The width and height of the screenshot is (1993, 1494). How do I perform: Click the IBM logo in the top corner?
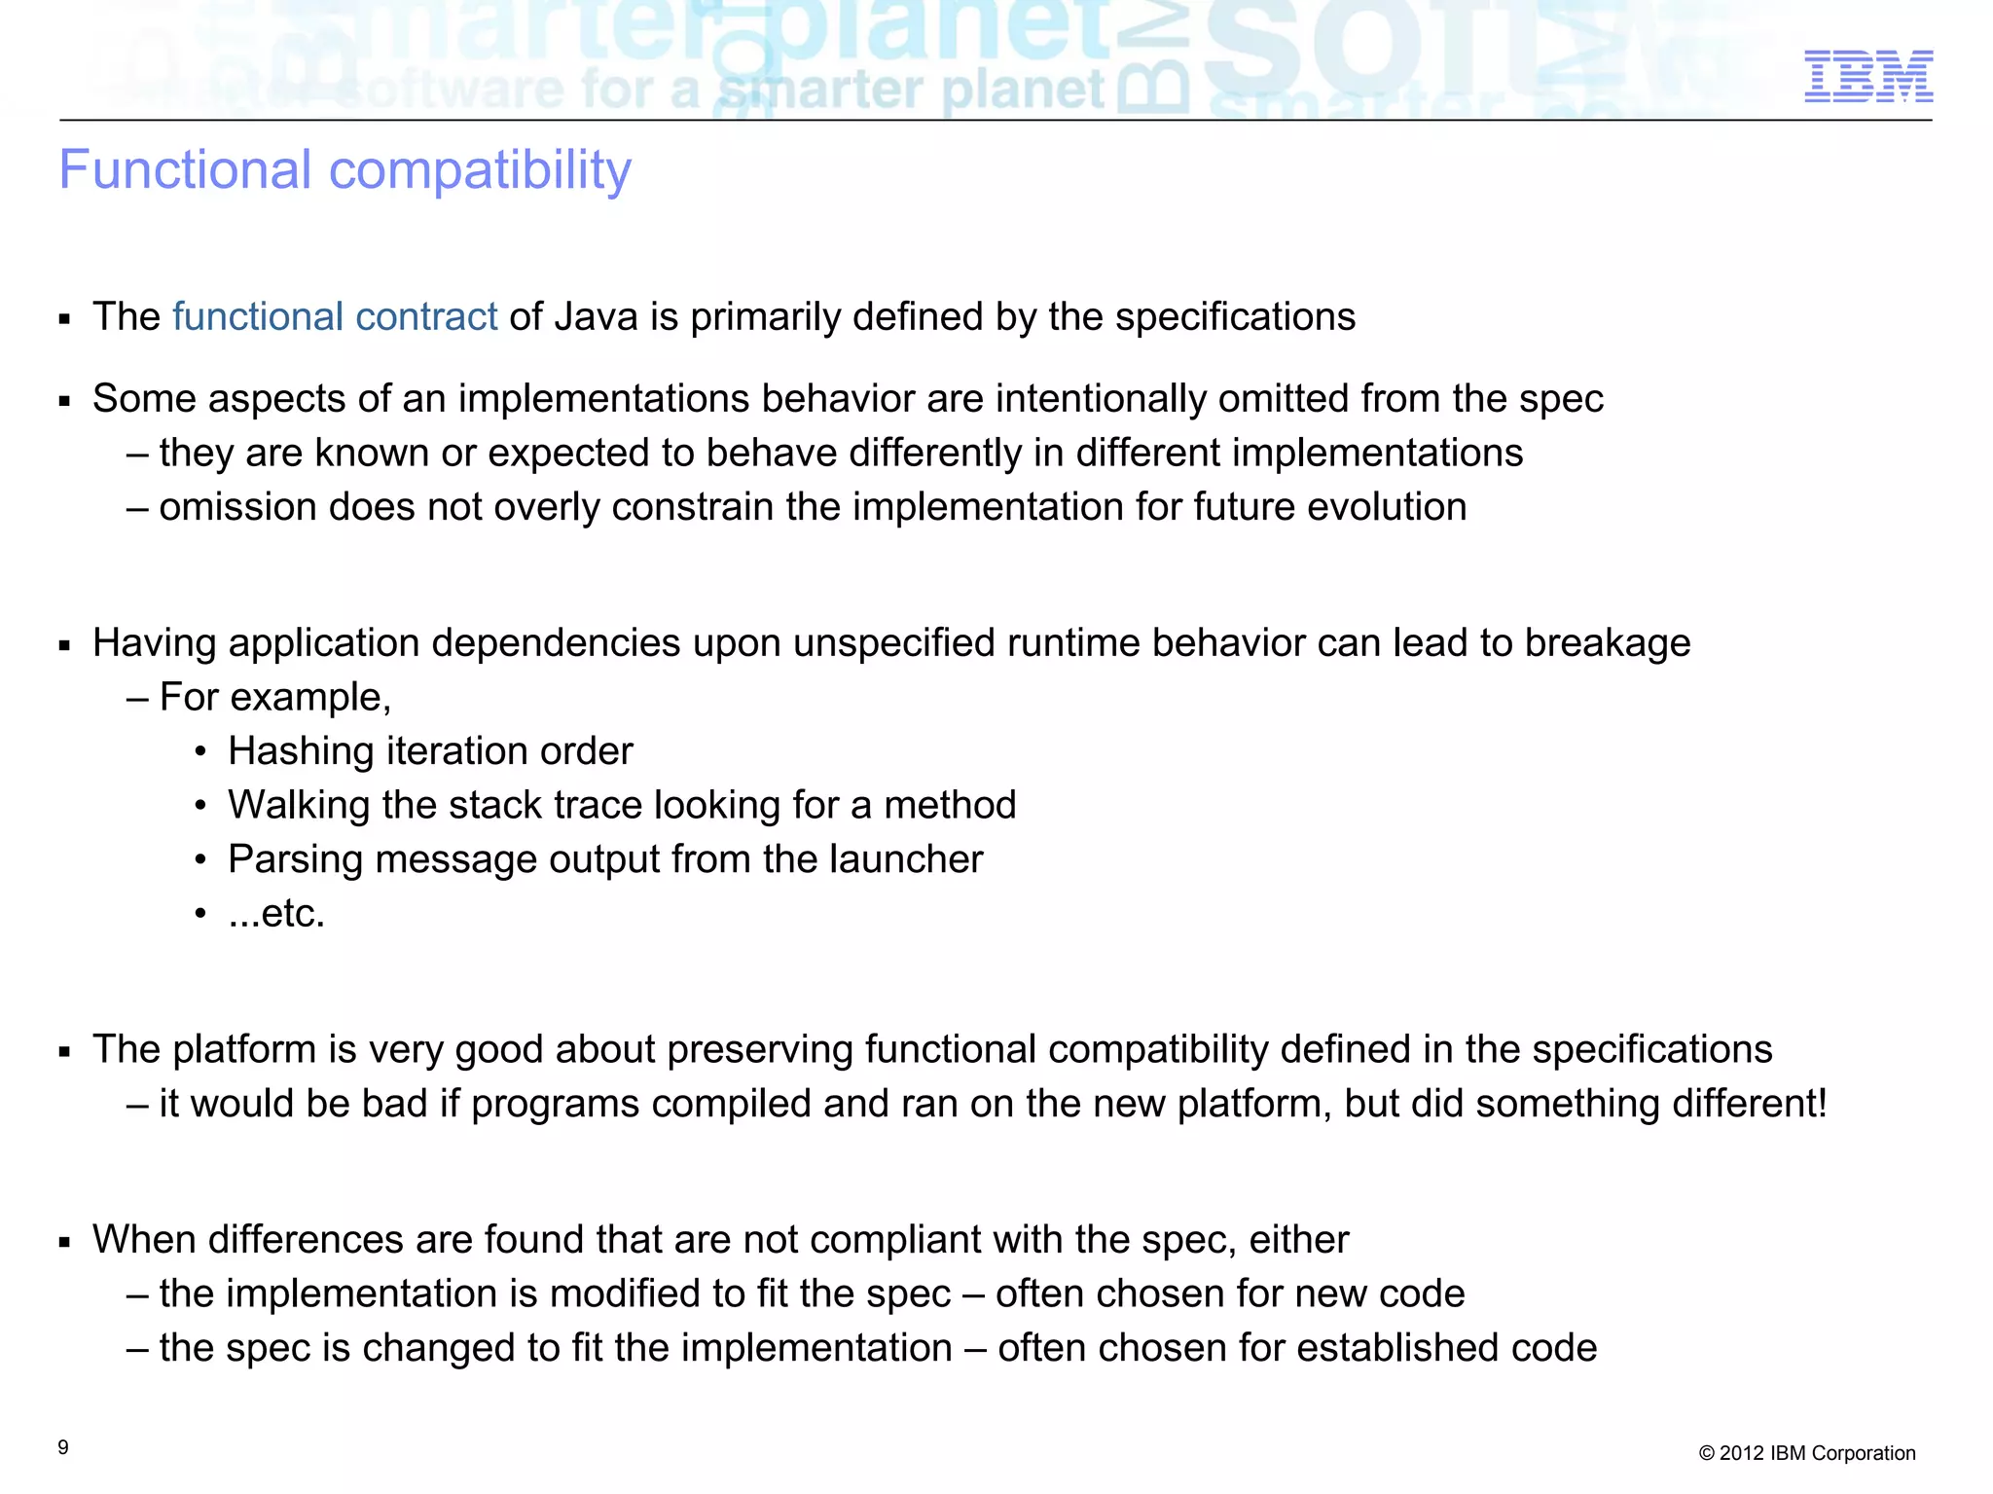click(1868, 77)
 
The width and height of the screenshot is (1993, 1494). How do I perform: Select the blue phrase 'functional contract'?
click(335, 317)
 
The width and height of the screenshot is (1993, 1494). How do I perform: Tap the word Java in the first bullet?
click(596, 317)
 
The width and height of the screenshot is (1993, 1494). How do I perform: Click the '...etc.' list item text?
click(276, 914)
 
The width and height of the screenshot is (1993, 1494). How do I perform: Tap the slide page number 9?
click(63, 1447)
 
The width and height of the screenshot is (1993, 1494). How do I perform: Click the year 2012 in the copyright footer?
click(1742, 1453)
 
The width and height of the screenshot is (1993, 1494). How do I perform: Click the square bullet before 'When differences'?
click(65, 1242)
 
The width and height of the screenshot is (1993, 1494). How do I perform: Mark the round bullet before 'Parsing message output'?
click(200, 860)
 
